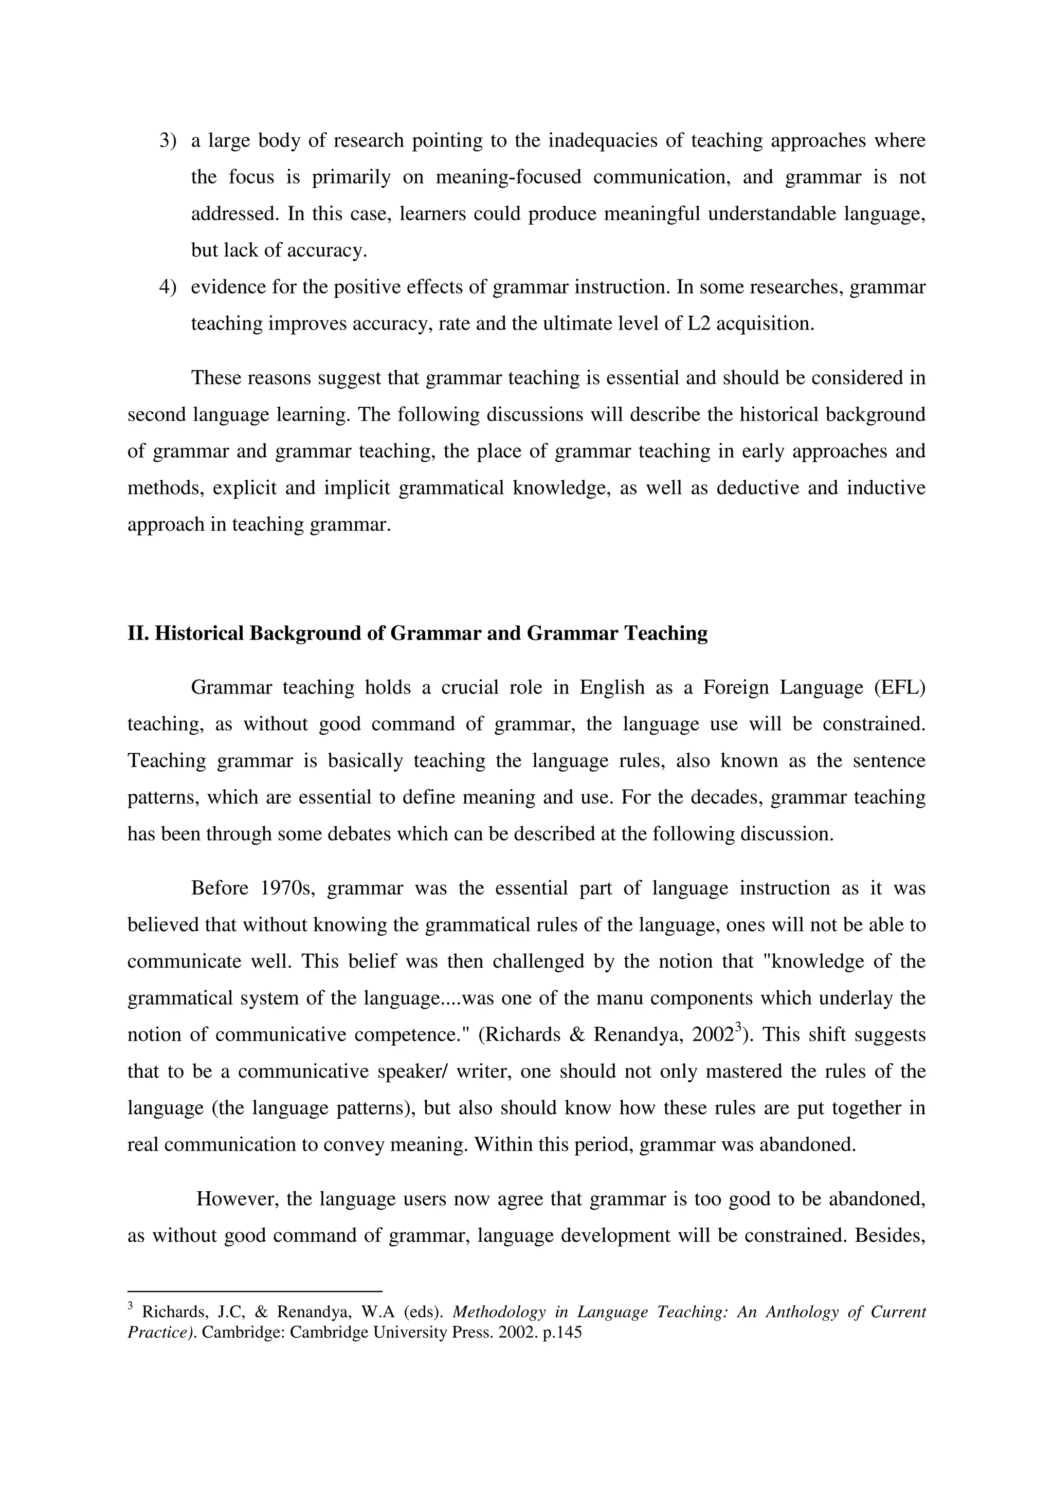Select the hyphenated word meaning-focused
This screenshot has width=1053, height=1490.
508,177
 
